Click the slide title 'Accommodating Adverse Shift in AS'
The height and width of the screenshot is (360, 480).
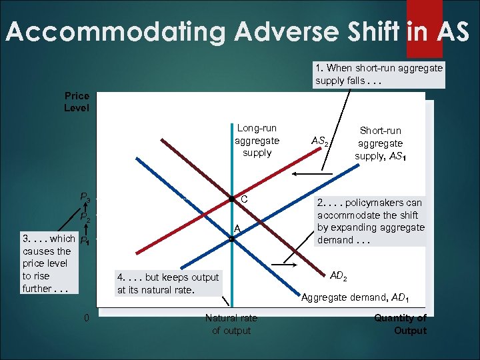[x=237, y=31]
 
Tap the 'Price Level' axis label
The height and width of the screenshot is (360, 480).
[x=76, y=102]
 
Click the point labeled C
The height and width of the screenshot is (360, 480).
[x=231, y=199]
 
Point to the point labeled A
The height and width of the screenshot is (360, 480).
[x=231, y=238]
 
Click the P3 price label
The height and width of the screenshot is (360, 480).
[x=85, y=197]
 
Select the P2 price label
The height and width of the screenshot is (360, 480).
[x=85, y=217]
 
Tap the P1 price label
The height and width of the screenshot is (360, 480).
[x=85, y=241]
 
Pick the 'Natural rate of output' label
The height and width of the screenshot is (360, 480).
[x=231, y=324]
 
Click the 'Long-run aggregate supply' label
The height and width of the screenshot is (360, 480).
[x=257, y=140]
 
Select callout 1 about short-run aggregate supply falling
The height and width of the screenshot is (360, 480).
[x=379, y=75]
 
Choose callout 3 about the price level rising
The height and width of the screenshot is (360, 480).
[x=46, y=263]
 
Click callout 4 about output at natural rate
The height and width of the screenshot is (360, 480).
[x=167, y=283]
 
